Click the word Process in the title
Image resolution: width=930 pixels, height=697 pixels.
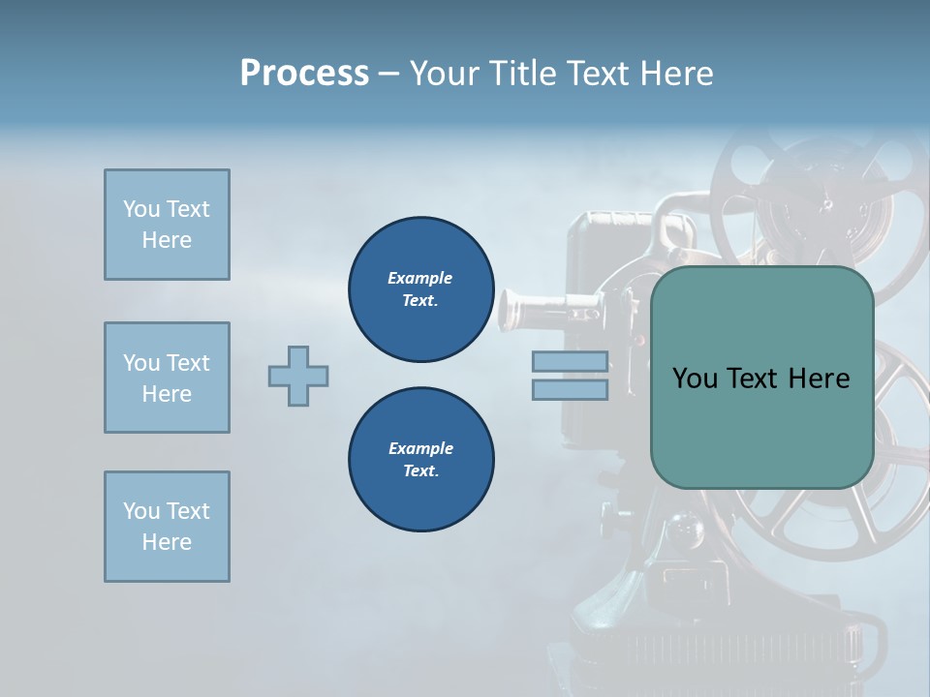pyautogui.click(x=304, y=74)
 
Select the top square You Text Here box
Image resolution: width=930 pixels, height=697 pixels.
pyautogui.click(x=167, y=225)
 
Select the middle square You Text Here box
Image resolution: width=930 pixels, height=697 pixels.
pyautogui.click(x=167, y=378)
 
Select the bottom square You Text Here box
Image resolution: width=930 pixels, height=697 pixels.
pyautogui.click(x=167, y=527)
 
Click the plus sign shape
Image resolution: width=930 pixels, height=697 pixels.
pyautogui.click(x=298, y=376)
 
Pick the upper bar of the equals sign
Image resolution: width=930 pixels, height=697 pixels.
pyautogui.click(x=571, y=361)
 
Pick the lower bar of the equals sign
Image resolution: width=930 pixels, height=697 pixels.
pyautogui.click(x=571, y=389)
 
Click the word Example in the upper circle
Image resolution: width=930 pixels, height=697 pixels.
pyautogui.click(x=420, y=278)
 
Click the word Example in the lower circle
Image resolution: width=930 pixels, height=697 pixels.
pyautogui.click(x=420, y=448)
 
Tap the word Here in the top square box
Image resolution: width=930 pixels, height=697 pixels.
pyautogui.click(x=167, y=240)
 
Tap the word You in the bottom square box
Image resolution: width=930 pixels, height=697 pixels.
pyautogui.click(x=139, y=511)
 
